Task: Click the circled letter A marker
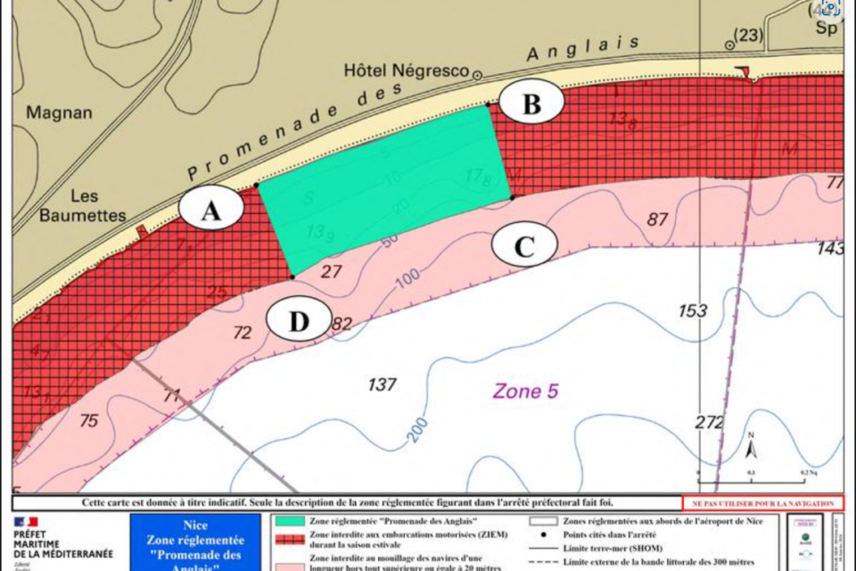coord(210,210)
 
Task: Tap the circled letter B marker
coord(531,103)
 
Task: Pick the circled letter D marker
coord(299,321)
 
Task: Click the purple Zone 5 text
coord(526,390)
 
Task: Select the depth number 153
coord(692,311)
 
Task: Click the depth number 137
coord(382,385)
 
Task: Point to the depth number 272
coord(710,422)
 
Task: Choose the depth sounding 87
coord(657,219)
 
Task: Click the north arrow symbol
coord(751,446)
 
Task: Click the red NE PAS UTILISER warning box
coord(762,503)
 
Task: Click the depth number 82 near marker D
coord(342,323)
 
